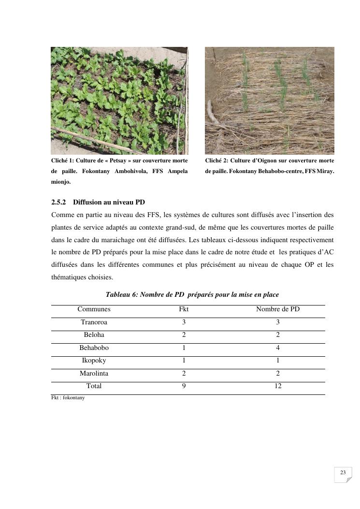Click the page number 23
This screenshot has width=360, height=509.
tap(343, 473)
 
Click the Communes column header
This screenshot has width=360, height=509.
tap(94, 309)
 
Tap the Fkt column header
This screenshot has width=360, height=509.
tap(184, 309)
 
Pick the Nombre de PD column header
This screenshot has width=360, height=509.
tap(277, 309)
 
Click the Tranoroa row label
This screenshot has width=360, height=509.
tap(94, 322)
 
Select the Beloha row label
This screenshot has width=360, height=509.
tap(94, 335)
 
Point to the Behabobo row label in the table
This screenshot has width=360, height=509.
tap(94, 348)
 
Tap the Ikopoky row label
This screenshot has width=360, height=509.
tap(94, 361)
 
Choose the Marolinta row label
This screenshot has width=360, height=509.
tap(94, 374)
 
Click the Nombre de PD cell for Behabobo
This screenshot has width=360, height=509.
tap(278, 348)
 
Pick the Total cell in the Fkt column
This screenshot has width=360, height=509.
tap(184, 386)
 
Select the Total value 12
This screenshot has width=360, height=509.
tap(278, 386)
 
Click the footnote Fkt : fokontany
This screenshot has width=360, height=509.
tap(68, 398)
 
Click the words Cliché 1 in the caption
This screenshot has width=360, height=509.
tap(62, 160)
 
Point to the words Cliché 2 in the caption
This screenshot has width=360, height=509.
tap(216, 160)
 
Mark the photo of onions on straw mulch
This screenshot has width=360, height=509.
tap(269, 101)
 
